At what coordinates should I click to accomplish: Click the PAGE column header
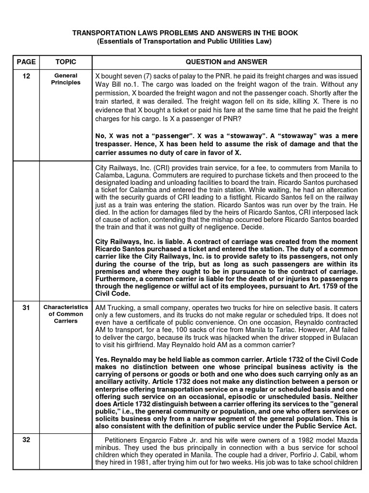pos(26,62)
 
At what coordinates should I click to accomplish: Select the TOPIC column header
pos(65,62)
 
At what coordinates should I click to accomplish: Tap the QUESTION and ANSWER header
pos(226,62)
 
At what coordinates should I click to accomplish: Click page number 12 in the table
pos(26,76)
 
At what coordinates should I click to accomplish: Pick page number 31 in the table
pos(26,307)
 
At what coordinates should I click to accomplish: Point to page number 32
pos(26,439)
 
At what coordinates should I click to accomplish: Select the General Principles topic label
pos(65,79)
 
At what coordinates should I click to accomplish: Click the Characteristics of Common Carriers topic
pos(65,314)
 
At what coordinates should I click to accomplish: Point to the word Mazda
pos(346,439)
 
